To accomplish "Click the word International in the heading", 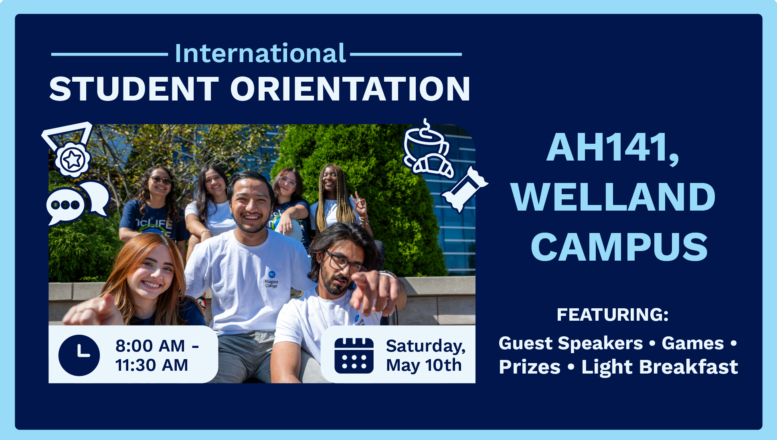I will pos(260,54).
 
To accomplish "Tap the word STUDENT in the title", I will pos(134,89).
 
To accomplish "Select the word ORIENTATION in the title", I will pos(350,89).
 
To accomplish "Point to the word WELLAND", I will pos(613,197).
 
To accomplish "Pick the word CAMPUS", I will pos(619,247).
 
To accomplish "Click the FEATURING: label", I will pos(612,315).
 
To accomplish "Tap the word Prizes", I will pos(529,367).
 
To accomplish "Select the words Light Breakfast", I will pos(660,367).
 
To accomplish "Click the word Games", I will pos(692,344).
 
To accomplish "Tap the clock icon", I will pos(79,355).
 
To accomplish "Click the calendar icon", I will pos(354,356).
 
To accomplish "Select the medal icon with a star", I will pos(72,159).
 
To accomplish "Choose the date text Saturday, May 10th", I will pos(425,356).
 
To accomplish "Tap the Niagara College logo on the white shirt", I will pos(271,279).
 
